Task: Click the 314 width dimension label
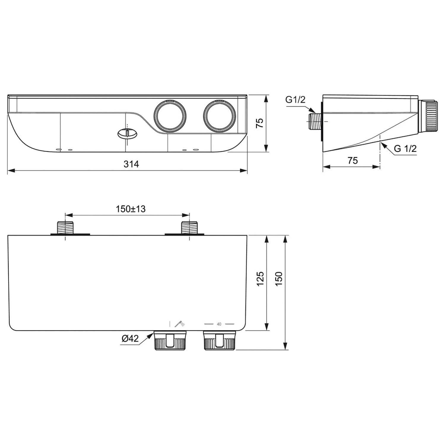pos(131,164)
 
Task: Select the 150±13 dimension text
pos(131,209)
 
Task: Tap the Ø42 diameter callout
pos(130,338)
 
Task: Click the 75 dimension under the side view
pos(352,160)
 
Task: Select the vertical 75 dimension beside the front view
pos(260,123)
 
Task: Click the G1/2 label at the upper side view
pos(295,100)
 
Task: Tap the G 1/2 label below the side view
pos(405,148)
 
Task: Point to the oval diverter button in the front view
pos(128,134)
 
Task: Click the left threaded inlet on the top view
pos(65,228)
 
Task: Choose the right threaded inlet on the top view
pos(190,228)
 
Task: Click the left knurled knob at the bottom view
pos(170,341)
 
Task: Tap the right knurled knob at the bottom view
pos(220,341)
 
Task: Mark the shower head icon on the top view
pos(179,324)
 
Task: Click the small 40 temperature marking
pos(219,324)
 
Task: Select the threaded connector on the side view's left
pos(315,121)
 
